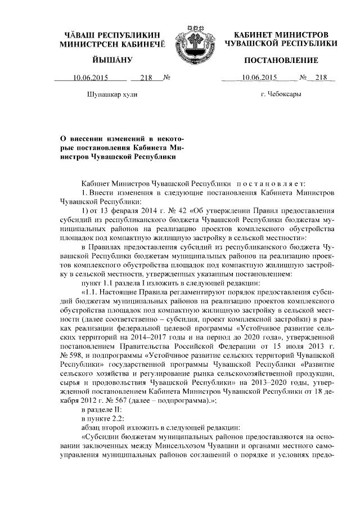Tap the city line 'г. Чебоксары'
[281, 94]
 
